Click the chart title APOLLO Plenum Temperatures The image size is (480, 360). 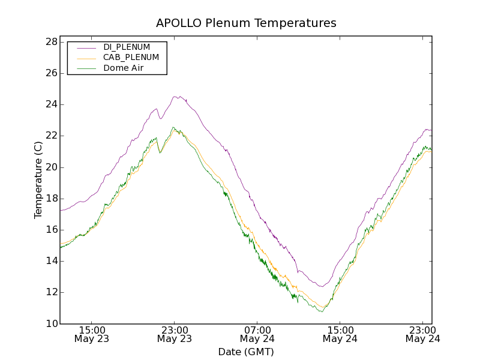coord(246,23)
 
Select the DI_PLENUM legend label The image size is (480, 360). coord(127,47)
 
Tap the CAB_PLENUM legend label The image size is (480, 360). coord(131,58)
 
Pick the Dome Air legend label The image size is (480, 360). coord(124,68)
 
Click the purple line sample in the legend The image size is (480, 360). coord(87,47)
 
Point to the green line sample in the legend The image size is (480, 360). coord(87,68)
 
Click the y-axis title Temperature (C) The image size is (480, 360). coord(38,180)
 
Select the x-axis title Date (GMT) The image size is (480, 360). coord(246,352)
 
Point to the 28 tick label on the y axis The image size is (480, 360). coord(50,42)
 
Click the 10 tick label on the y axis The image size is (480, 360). coord(50,324)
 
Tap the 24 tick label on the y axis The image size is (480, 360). coord(50,104)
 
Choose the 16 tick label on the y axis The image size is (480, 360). coord(50,230)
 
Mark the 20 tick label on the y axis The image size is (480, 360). coord(50,167)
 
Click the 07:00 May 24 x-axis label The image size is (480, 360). coord(257,334)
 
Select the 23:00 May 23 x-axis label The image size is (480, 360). coord(174,334)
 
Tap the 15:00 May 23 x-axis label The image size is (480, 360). coord(92,334)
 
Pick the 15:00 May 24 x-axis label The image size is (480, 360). coord(340,334)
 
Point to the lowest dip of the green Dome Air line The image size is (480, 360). coord(322,311)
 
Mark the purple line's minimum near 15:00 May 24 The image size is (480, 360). coord(322,286)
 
